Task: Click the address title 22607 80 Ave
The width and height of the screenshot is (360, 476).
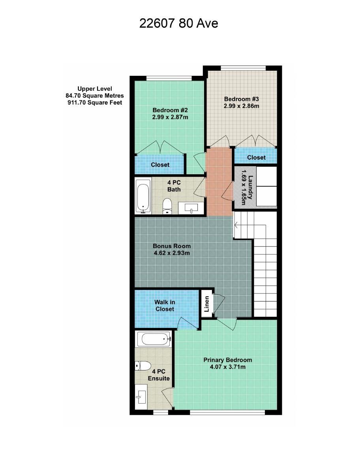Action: (x=178, y=23)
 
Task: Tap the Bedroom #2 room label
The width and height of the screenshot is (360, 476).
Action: (x=170, y=110)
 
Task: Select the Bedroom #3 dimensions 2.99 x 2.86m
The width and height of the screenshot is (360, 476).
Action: (x=241, y=106)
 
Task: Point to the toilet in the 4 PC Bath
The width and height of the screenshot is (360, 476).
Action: (x=167, y=206)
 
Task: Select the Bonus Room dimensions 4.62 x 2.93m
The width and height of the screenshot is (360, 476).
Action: (x=172, y=253)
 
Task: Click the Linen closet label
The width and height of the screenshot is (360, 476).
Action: (x=206, y=304)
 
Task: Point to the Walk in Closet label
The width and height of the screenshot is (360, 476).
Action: (x=165, y=305)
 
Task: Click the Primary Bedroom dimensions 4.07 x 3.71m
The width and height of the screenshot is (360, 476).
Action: (x=227, y=367)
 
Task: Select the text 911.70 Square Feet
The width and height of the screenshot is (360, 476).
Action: (x=95, y=103)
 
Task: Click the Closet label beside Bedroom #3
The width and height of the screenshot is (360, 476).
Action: (x=256, y=158)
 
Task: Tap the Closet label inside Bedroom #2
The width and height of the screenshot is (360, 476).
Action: (x=160, y=165)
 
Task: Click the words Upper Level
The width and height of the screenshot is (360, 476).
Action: (x=95, y=89)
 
